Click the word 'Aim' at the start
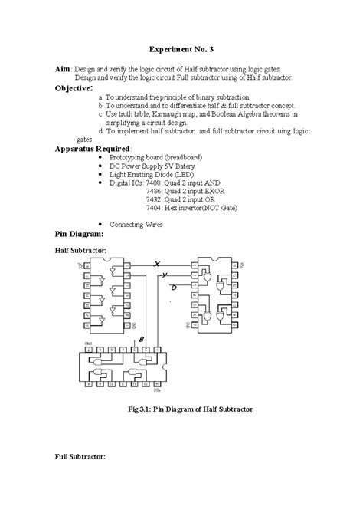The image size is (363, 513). pyautogui.click(x=63, y=68)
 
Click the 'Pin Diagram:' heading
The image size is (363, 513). pyautogui.click(x=81, y=233)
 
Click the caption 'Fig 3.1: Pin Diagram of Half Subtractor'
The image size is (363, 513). pyautogui.click(x=190, y=409)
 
